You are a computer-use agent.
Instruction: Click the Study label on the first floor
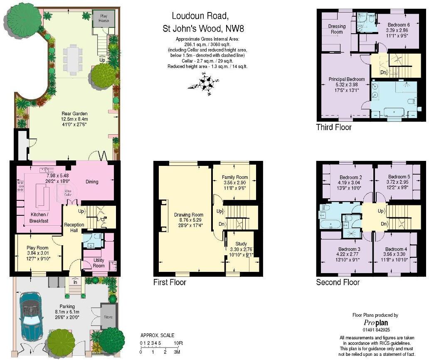(x=241, y=244)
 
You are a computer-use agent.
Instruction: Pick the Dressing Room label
(x=337, y=29)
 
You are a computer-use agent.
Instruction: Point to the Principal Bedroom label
(x=346, y=79)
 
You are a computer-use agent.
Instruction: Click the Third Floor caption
(x=334, y=127)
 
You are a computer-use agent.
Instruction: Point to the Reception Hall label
(x=74, y=225)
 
